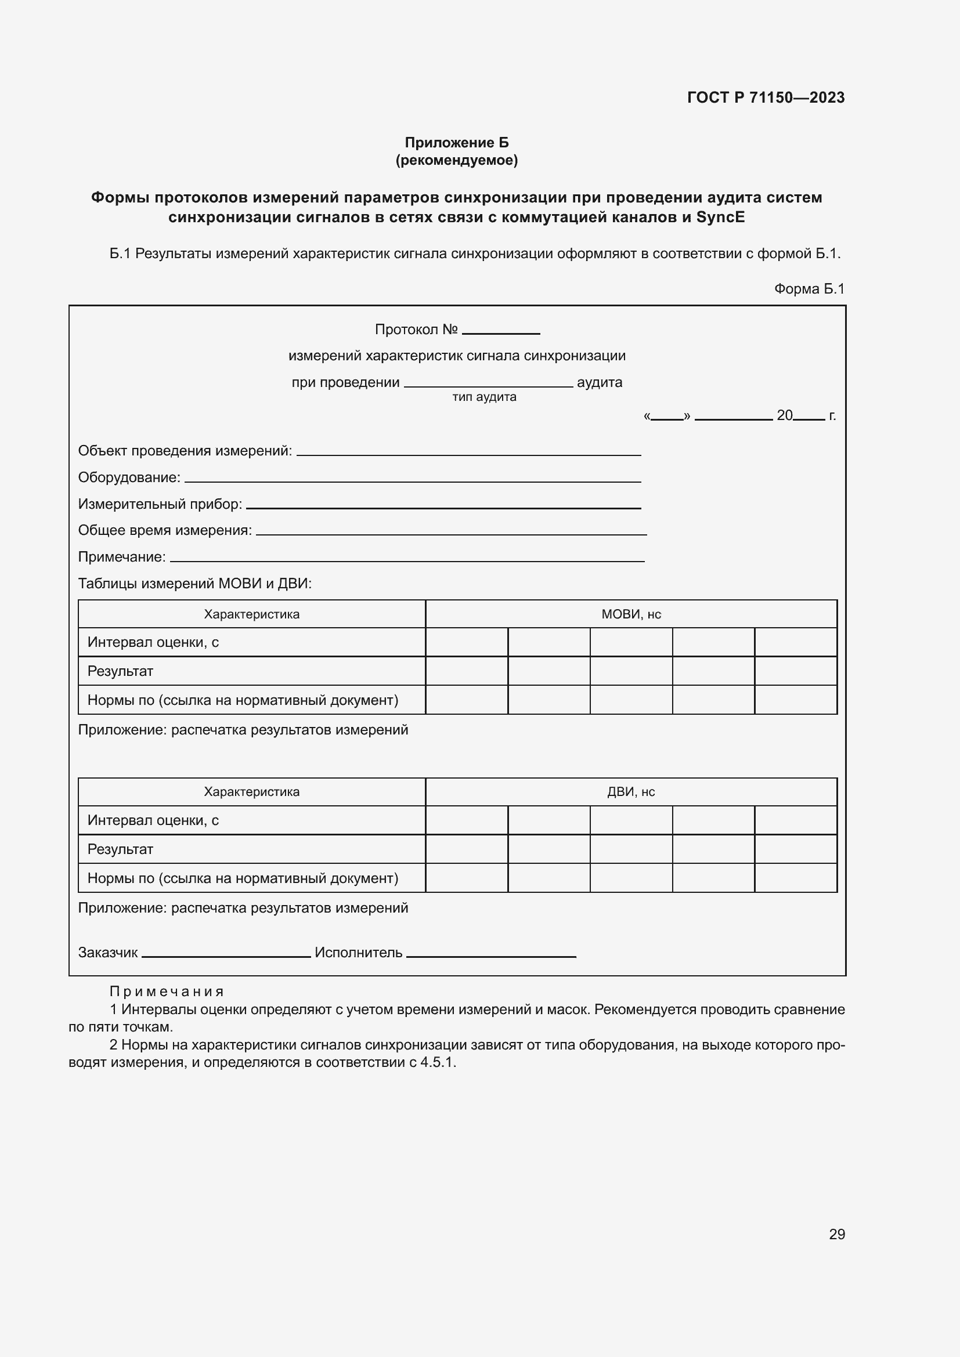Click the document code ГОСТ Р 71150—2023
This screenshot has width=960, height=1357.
pyautogui.click(x=766, y=97)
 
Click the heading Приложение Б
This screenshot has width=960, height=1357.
pyautogui.click(x=456, y=143)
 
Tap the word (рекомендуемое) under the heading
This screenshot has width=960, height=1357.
pyautogui.click(x=456, y=160)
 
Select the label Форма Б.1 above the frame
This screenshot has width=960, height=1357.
pyautogui.click(x=809, y=288)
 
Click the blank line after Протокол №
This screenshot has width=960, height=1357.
pyautogui.click(x=501, y=331)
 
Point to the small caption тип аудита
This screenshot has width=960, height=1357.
pyautogui.click(x=484, y=397)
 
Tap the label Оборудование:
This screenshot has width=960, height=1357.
pyautogui.click(x=129, y=477)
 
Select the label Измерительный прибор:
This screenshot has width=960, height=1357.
pyautogui.click(x=160, y=504)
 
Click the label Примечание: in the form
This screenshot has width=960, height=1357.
pyautogui.click(x=122, y=557)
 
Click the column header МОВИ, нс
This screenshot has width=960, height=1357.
pyautogui.click(x=631, y=614)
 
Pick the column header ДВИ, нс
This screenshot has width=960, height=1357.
pyautogui.click(x=631, y=792)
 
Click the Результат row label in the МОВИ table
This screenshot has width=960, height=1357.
pyautogui.click(x=120, y=671)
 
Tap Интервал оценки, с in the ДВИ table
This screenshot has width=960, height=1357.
pyautogui.click(x=153, y=820)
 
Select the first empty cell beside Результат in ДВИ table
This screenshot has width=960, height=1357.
pyautogui.click(x=467, y=849)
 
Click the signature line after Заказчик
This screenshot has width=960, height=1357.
pyautogui.click(x=226, y=954)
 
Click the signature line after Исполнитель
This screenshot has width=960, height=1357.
pyautogui.click(x=490, y=954)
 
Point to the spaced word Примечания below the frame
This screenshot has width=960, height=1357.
pyautogui.click(x=166, y=991)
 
